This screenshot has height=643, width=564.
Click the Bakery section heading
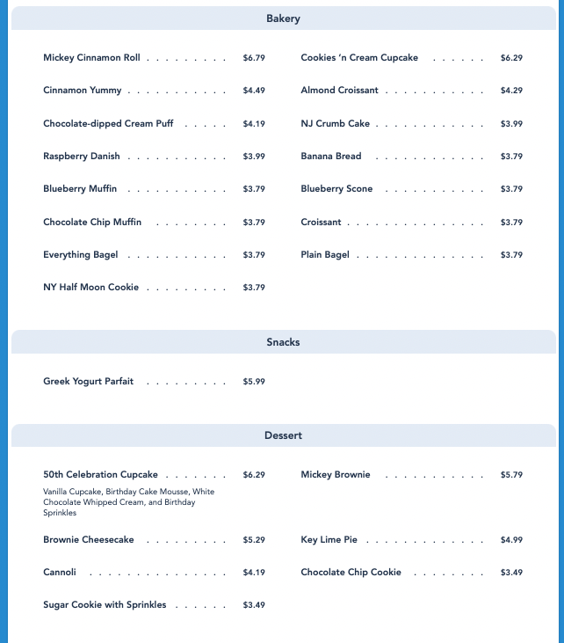[283, 18]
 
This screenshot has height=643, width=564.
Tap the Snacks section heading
[283, 342]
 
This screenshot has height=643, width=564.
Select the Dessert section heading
[283, 435]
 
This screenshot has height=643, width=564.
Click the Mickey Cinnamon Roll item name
[91, 58]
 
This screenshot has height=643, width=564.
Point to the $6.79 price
[254, 58]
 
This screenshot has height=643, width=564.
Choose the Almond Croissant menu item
[339, 91]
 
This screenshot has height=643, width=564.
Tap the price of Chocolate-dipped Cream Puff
[254, 124]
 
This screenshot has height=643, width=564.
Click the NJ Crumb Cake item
[335, 124]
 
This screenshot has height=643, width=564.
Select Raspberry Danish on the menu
[81, 157]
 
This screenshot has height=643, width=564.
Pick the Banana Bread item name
[330, 157]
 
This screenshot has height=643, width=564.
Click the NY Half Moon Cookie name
[90, 288]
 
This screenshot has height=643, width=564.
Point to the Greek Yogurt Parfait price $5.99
[254, 382]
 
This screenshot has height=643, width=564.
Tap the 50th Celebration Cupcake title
[100, 475]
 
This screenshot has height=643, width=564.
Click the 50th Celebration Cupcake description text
[128, 502]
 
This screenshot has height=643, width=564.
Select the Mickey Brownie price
[511, 475]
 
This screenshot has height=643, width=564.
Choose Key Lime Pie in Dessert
[329, 540]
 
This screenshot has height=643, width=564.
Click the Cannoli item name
[60, 573]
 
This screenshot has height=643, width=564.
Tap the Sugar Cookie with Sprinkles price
[254, 605]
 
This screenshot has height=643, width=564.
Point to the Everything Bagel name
[80, 255]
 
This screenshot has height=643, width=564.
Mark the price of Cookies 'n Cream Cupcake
[511, 58]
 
